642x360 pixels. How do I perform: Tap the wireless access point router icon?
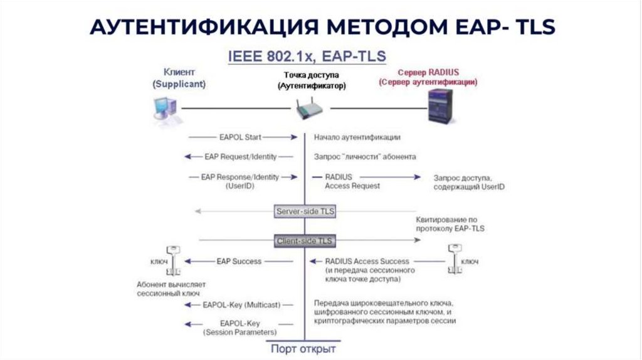click(x=310, y=110)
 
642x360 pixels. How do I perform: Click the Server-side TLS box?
click(x=305, y=211)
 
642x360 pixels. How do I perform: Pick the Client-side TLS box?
click(x=305, y=240)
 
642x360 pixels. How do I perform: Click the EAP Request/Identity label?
click(x=240, y=156)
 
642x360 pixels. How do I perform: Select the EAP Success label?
click(x=239, y=261)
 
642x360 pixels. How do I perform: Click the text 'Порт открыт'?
click(x=303, y=349)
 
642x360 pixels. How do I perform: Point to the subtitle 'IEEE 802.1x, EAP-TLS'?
click(x=307, y=56)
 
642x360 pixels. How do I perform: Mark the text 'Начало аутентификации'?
click(x=357, y=136)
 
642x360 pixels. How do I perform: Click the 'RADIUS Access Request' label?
click(x=352, y=181)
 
